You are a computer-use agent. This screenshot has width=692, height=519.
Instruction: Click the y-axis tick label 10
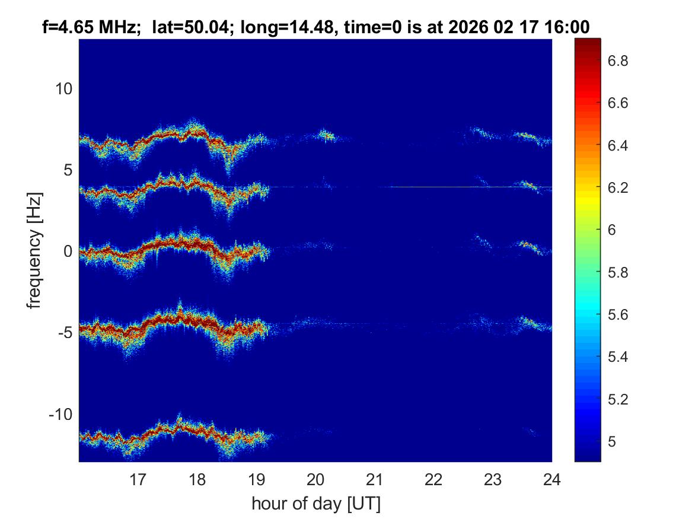point(63,89)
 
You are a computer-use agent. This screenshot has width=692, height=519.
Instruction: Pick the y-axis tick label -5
point(64,333)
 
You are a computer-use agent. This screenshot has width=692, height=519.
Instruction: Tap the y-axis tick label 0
point(67,251)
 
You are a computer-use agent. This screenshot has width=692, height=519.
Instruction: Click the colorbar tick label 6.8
point(620,61)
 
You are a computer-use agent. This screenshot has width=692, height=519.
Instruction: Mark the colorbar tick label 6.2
point(620,188)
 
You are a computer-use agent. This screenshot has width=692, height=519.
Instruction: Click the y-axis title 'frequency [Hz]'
point(35,251)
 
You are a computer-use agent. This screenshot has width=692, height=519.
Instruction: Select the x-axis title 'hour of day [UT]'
point(315,504)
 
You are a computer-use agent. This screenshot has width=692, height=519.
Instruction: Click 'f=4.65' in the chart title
point(67,26)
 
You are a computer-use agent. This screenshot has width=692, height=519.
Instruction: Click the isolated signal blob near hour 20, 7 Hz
point(326,136)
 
